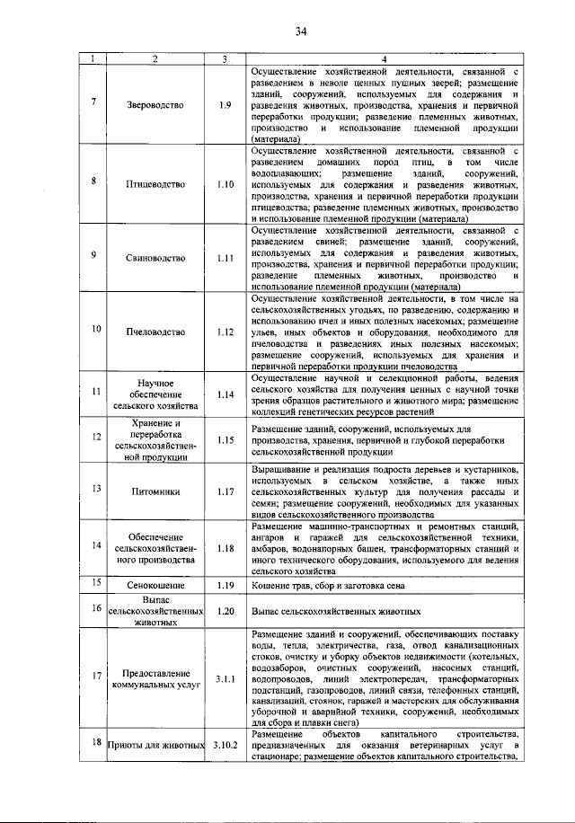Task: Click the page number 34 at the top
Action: pyautogui.click(x=301, y=33)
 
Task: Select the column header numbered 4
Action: pyautogui.click(x=384, y=59)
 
